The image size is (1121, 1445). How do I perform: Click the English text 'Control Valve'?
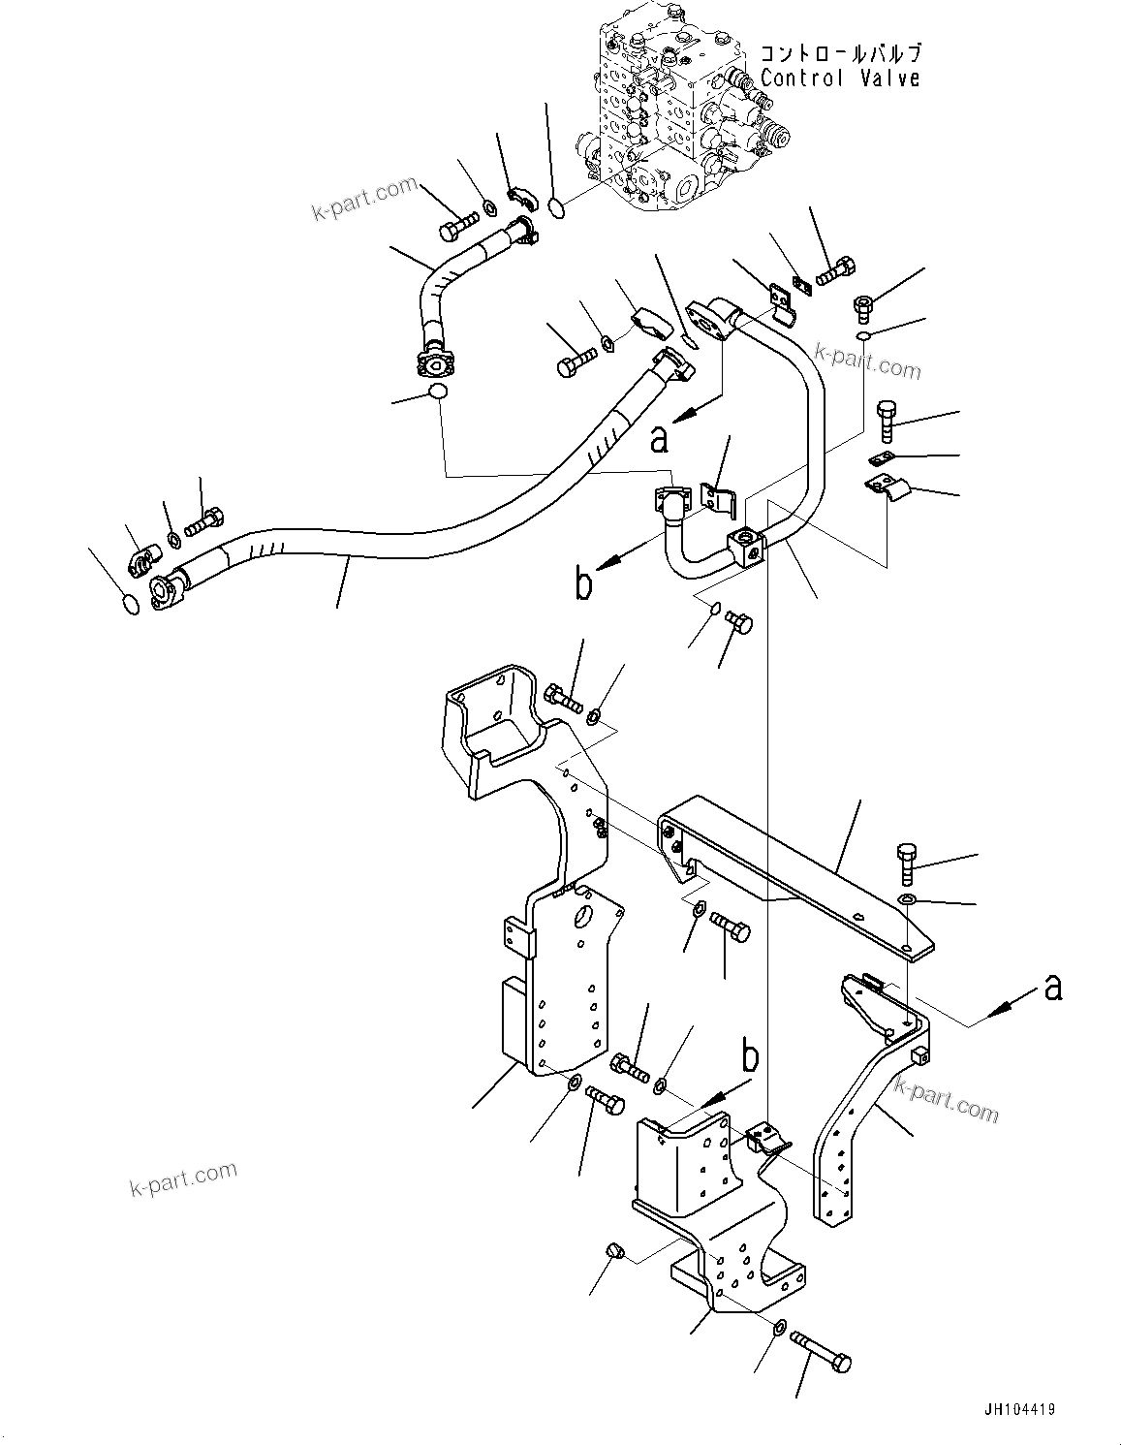[x=839, y=79]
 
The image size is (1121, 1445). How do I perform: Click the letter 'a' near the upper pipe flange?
[x=660, y=440]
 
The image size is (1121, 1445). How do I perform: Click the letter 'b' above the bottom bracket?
[x=749, y=1055]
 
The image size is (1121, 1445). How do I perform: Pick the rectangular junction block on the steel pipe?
[x=747, y=548]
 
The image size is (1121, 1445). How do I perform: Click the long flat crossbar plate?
[x=794, y=863]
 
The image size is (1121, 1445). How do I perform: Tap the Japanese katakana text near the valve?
[x=839, y=54]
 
